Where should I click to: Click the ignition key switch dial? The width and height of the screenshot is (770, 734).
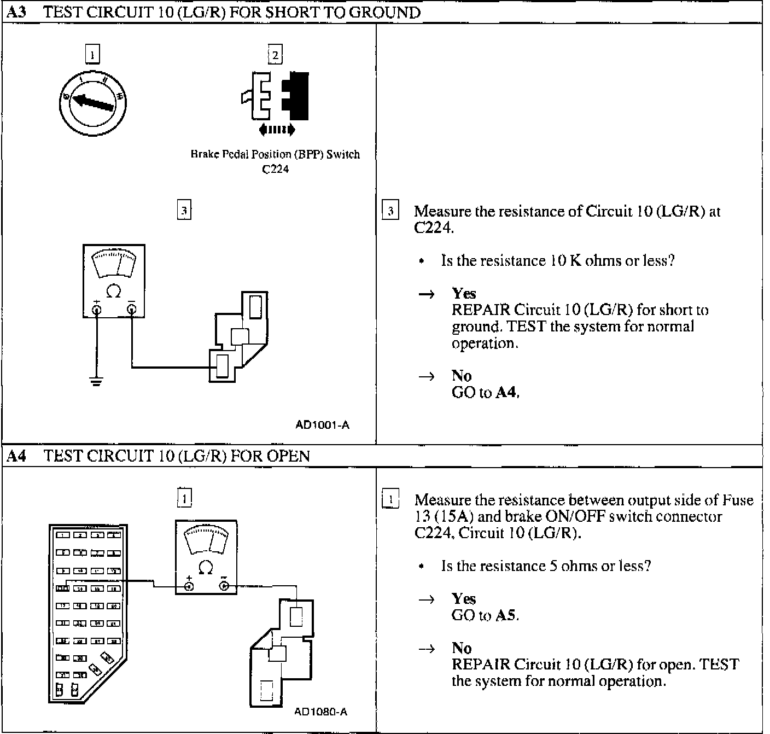pyautogui.click(x=92, y=101)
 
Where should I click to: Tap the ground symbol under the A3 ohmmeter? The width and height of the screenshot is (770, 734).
pyautogui.click(x=96, y=381)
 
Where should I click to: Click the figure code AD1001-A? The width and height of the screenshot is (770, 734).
pyautogui.click(x=322, y=424)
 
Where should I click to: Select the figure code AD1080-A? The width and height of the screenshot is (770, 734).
pyautogui.click(x=320, y=712)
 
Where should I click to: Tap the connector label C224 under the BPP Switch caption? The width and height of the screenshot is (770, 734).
pyautogui.click(x=275, y=169)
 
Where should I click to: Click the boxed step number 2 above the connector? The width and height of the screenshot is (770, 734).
pyautogui.click(x=275, y=55)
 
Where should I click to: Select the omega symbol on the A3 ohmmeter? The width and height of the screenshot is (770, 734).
pyautogui.click(x=113, y=291)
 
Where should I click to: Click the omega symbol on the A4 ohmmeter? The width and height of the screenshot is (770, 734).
pyautogui.click(x=206, y=568)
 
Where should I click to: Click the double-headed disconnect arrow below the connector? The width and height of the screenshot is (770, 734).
pyautogui.click(x=277, y=130)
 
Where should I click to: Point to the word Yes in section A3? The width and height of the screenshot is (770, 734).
pyautogui.click(x=464, y=294)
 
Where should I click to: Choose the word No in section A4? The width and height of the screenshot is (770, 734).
pyautogui.click(x=462, y=648)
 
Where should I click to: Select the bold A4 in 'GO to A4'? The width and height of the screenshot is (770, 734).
pyautogui.click(x=506, y=392)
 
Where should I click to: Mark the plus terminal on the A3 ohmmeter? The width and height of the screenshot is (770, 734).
pyautogui.click(x=97, y=310)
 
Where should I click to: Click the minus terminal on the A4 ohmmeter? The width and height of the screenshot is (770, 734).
pyautogui.click(x=224, y=586)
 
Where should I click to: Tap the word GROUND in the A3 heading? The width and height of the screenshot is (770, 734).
pyautogui.click(x=384, y=12)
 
